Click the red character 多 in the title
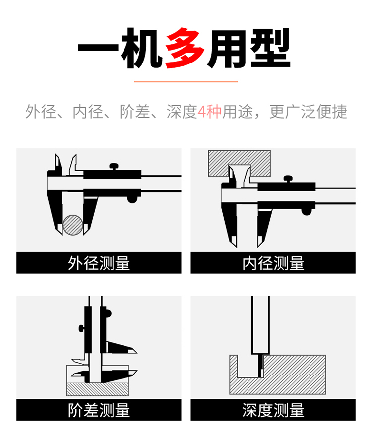pyautogui.click(x=185, y=48)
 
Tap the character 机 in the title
pyautogui.click(x=142, y=48)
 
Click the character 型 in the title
pyautogui.click(x=270, y=48)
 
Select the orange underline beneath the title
pyautogui.click(x=186, y=82)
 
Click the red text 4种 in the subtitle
pyautogui.click(x=209, y=112)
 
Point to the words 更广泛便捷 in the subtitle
pyautogui.click(x=308, y=112)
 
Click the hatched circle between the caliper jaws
pyautogui.click(x=73, y=225)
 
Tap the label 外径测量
pyautogui.click(x=99, y=263)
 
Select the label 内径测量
pyautogui.click(x=273, y=263)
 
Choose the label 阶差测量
pyautogui.click(x=99, y=410)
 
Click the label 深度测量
pyautogui.click(x=273, y=410)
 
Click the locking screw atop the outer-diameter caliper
pyautogui.click(x=114, y=167)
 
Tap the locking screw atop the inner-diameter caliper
pyautogui.click(x=288, y=179)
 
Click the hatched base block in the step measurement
pyautogui.click(x=98, y=389)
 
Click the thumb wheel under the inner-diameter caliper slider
pyautogui.click(x=307, y=211)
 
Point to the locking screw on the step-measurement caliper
pyautogui.click(x=81, y=328)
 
